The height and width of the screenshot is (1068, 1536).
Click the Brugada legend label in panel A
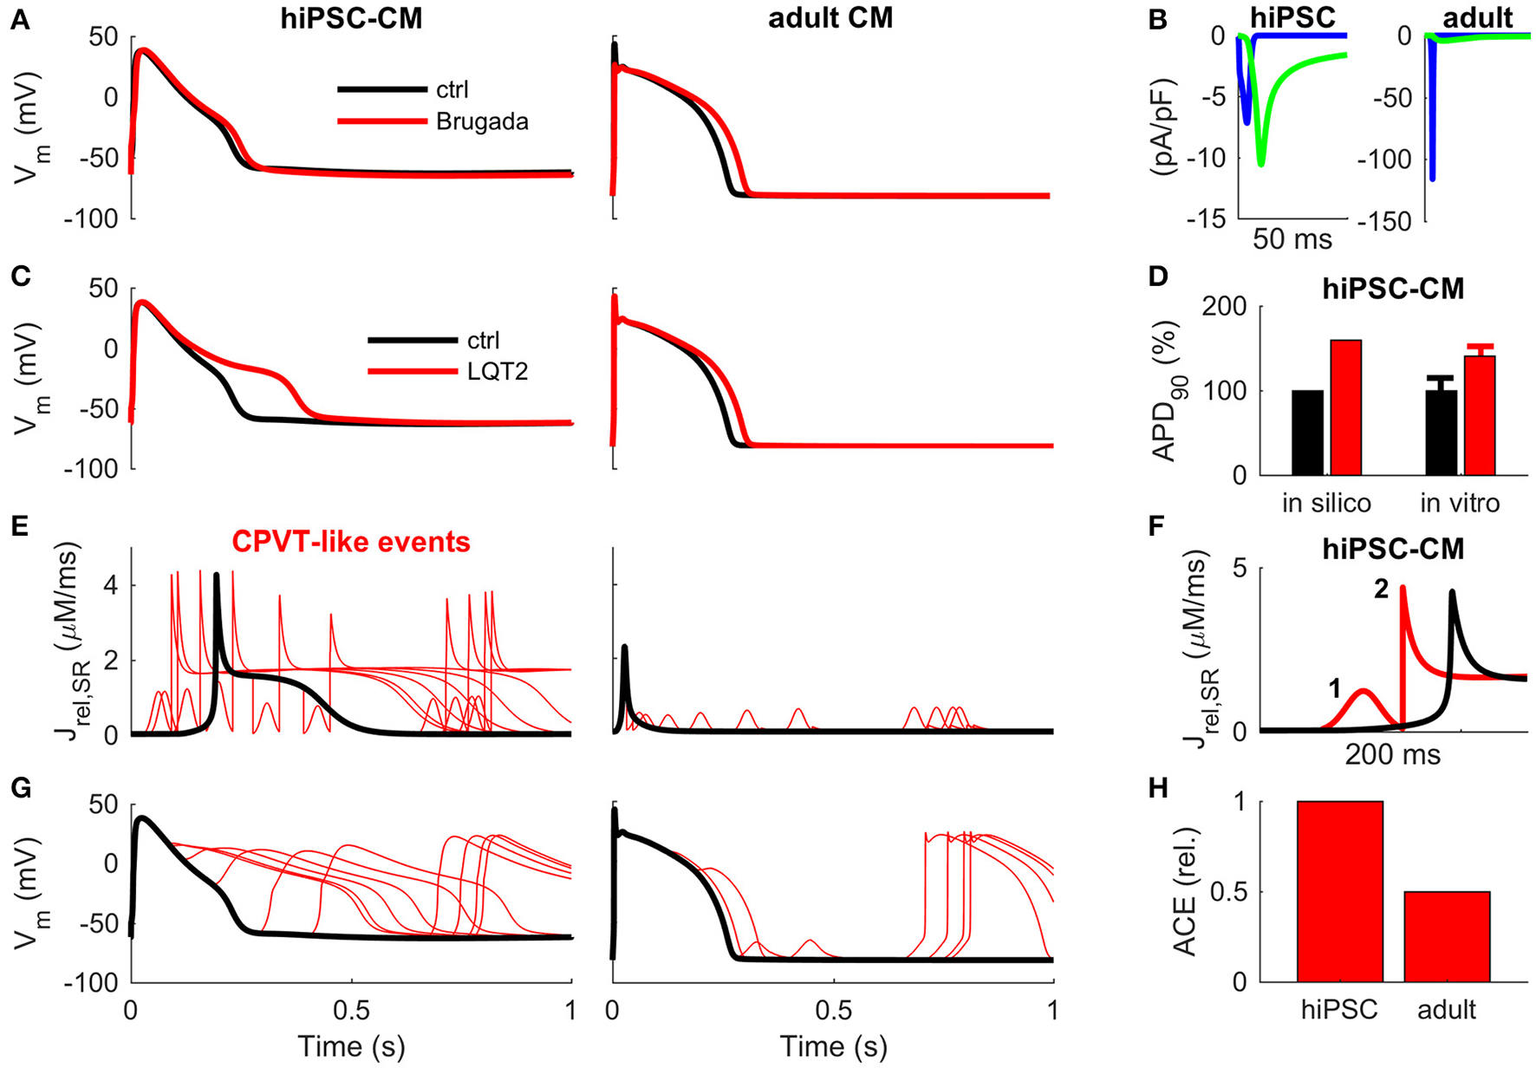click(x=482, y=122)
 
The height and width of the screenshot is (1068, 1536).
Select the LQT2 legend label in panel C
click(x=497, y=372)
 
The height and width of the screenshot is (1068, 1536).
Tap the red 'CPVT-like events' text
click(x=350, y=542)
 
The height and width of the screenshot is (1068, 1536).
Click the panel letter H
click(x=1159, y=788)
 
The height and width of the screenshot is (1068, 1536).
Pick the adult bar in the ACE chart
click(x=1447, y=936)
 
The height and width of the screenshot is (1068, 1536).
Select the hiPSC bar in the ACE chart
click(x=1339, y=891)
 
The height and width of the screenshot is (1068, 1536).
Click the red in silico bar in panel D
click(x=1345, y=407)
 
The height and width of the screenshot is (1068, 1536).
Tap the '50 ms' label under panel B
click(x=1292, y=239)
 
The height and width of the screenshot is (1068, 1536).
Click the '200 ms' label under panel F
click(x=1392, y=755)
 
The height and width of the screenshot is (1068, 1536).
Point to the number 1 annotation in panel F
click(x=1334, y=689)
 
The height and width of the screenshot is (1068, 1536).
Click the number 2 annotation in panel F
click(x=1381, y=590)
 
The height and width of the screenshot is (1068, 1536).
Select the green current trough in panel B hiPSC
click(x=1261, y=163)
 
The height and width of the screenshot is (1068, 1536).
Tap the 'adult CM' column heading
click(x=830, y=18)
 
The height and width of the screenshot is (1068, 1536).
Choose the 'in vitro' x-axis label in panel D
click(x=1460, y=503)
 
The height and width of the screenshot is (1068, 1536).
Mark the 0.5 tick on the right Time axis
click(x=833, y=1010)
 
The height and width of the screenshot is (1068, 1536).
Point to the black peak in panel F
click(x=1452, y=593)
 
